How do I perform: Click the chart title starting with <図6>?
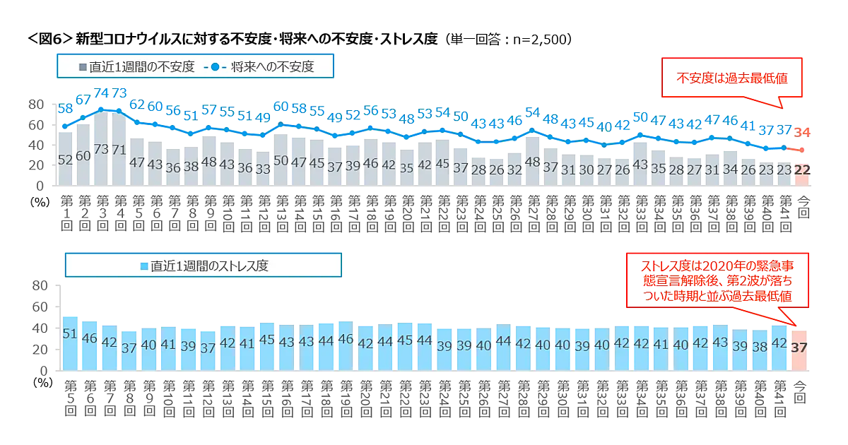click(x=297, y=39)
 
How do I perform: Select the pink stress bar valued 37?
click(x=799, y=350)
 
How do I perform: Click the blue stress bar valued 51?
click(x=70, y=343)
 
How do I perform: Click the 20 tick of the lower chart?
click(x=40, y=350)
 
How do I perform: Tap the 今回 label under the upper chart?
click(x=802, y=210)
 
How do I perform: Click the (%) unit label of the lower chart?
click(x=42, y=382)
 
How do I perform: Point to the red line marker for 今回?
click(x=802, y=150)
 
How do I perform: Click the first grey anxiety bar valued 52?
click(x=66, y=159)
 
